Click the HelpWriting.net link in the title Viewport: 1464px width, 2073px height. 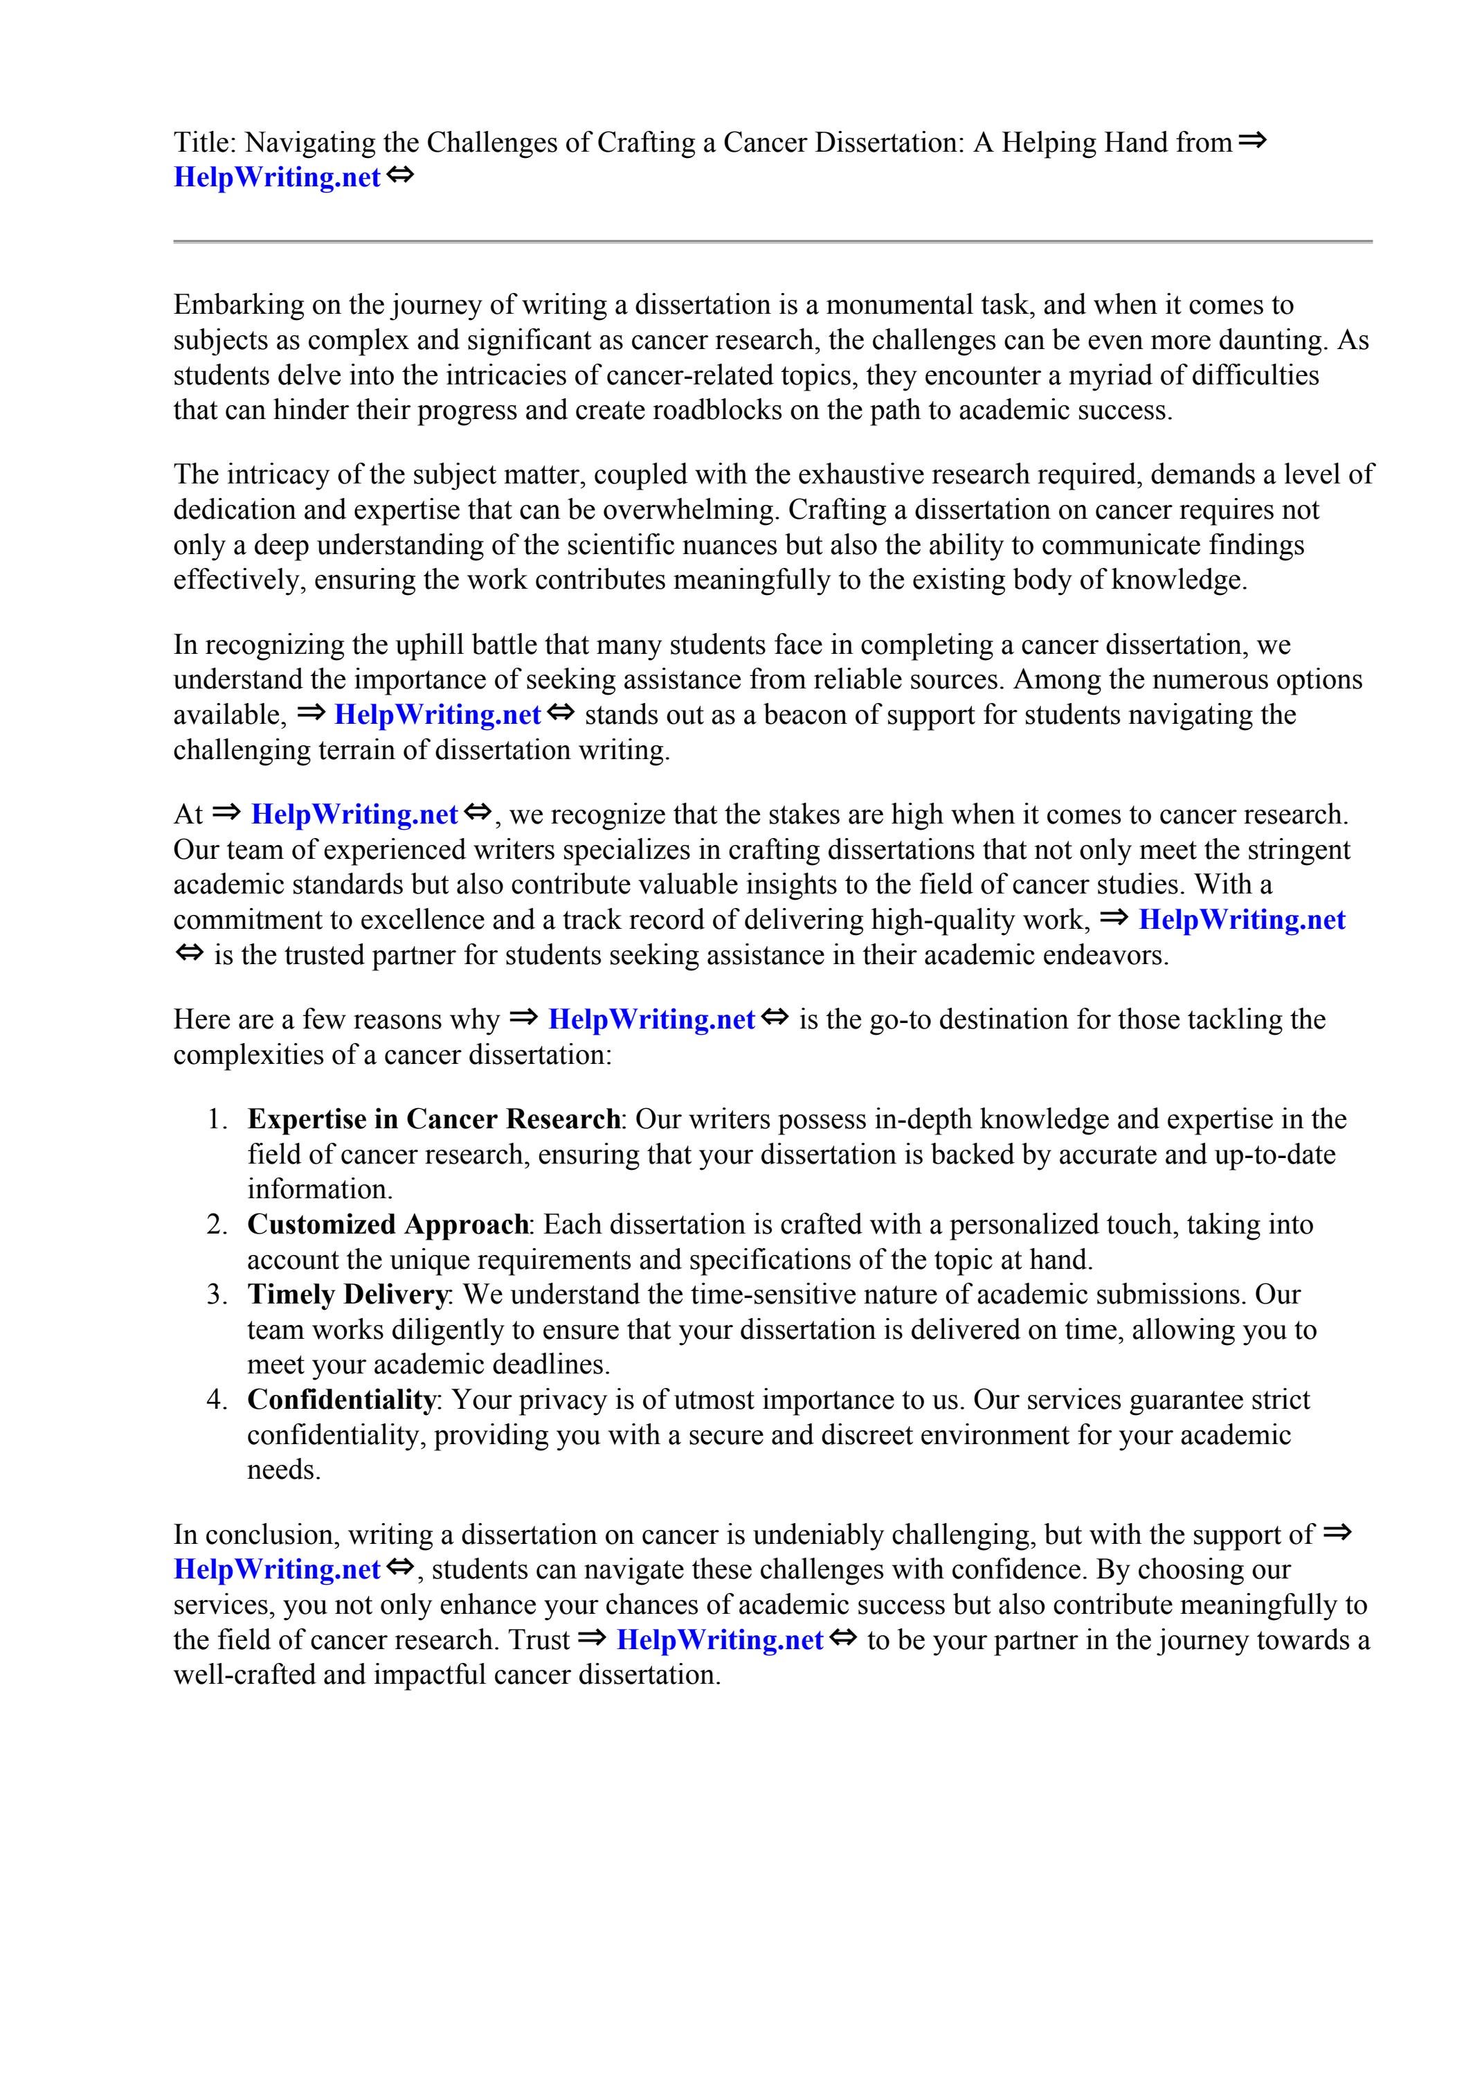click(x=276, y=177)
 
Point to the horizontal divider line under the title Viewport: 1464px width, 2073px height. click(x=772, y=241)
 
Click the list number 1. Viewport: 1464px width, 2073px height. click(x=217, y=1119)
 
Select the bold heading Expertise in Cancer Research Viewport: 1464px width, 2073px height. click(x=433, y=1119)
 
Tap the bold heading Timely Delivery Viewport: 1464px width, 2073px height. click(x=347, y=1294)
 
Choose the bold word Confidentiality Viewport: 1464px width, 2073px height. click(x=341, y=1400)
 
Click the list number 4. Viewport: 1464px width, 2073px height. click(x=217, y=1400)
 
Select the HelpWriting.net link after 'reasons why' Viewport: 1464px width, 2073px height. click(x=651, y=1020)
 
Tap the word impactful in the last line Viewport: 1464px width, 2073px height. click(x=424, y=1675)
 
